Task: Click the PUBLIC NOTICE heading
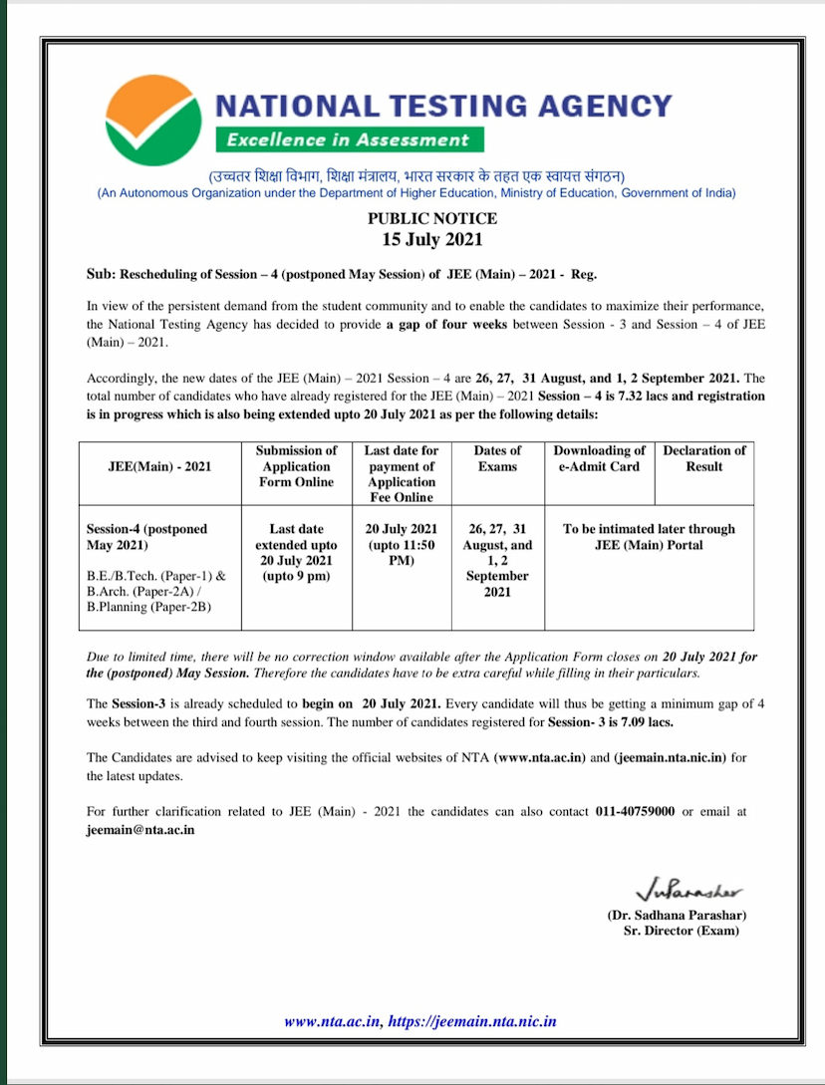click(432, 218)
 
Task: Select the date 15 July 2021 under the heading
click(432, 239)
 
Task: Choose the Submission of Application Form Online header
click(296, 466)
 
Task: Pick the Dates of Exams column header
click(497, 458)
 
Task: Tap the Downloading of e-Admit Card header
click(600, 458)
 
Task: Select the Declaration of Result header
click(703, 458)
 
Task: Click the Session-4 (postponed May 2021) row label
click(147, 537)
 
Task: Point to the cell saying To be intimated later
click(649, 537)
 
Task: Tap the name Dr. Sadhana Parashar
click(677, 915)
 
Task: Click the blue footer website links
click(419, 1021)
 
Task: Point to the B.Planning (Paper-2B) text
click(148, 607)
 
